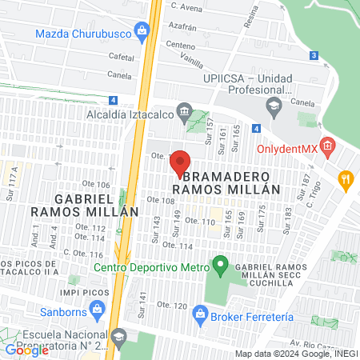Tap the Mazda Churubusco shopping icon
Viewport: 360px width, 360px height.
tap(142, 32)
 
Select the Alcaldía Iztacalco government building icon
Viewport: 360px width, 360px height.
tap(185, 111)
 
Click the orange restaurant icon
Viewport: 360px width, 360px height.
tap(346, 179)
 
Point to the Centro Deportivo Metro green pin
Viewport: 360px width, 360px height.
tap(220, 264)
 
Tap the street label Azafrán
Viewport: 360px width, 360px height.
tap(183, 26)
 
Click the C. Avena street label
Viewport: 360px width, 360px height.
tap(186, 6)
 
